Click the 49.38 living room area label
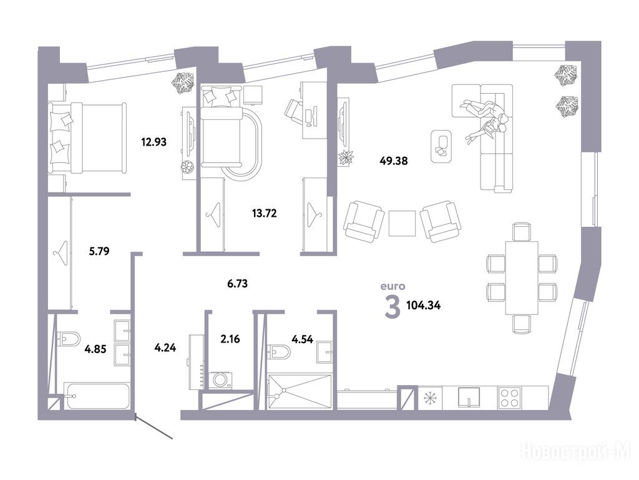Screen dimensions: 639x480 click(393, 161)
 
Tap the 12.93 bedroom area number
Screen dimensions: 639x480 click(154, 142)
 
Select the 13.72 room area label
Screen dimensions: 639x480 click(265, 213)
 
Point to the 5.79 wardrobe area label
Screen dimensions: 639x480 click(99, 251)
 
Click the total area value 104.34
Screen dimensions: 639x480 click(424, 305)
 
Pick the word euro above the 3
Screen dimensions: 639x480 click(393, 286)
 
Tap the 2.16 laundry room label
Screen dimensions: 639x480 click(230, 339)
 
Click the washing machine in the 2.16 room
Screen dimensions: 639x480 click(220, 380)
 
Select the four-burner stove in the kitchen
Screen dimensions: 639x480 click(509, 397)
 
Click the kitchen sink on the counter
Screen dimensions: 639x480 click(469, 397)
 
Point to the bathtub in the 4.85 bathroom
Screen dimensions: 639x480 click(97, 396)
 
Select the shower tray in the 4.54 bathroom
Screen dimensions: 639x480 click(300, 391)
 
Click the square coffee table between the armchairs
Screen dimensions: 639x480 click(402, 223)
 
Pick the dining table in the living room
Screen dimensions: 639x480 click(522, 278)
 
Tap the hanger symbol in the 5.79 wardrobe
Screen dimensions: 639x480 click(61, 253)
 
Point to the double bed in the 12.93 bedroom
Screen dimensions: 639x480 click(87, 139)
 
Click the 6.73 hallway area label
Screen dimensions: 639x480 click(237, 283)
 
